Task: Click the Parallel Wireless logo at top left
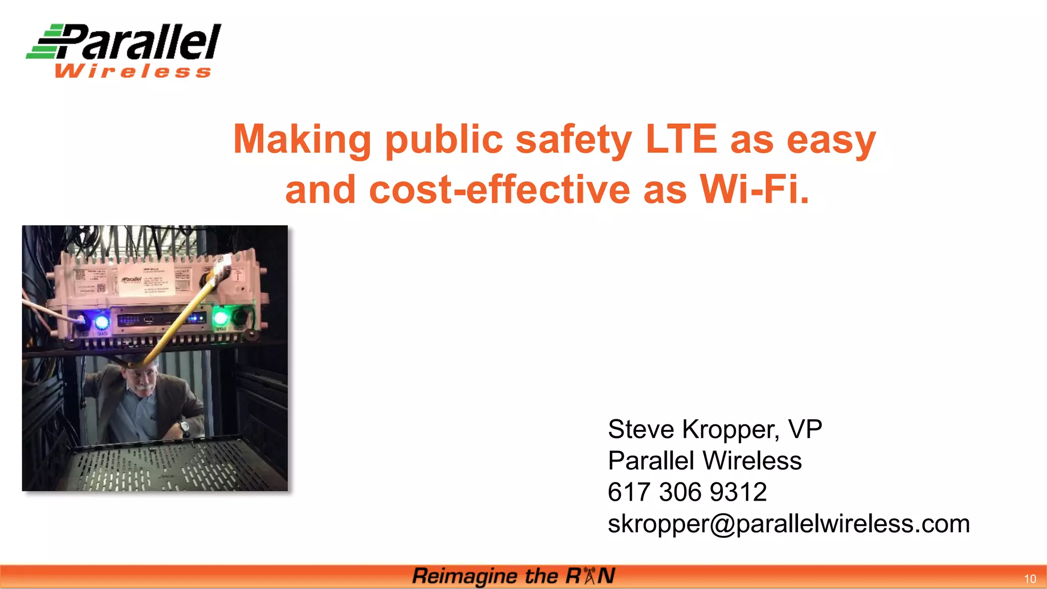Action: (124, 50)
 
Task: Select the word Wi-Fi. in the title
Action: (754, 189)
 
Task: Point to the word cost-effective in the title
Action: (499, 189)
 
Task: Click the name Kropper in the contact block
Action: (731, 429)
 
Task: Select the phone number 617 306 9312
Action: (687, 492)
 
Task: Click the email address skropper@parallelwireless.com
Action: (788, 524)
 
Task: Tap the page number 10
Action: (1030, 579)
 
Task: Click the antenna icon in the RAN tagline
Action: (589, 576)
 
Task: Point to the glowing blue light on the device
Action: (102, 322)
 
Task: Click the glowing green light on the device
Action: (220, 318)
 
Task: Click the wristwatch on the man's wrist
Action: (184, 426)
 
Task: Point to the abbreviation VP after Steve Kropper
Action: (805, 429)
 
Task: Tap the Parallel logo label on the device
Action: (132, 279)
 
